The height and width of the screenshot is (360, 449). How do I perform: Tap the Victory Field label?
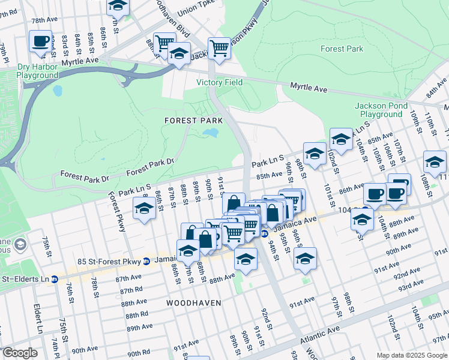click(219, 82)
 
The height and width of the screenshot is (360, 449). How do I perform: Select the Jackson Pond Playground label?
click(378, 110)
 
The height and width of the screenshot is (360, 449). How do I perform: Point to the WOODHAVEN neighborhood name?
click(194, 303)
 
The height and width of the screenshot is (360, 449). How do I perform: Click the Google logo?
click(20, 353)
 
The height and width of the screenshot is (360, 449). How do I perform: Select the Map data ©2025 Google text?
click(411, 355)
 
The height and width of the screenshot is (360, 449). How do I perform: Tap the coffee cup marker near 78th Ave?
click(41, 41)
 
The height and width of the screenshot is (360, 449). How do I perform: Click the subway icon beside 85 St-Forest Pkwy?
click(146, 261)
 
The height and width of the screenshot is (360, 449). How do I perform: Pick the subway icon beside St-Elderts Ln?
click(54, 278)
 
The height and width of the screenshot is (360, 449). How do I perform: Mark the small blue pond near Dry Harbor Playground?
click(58, 91)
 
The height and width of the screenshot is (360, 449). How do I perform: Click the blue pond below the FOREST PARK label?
click(210, 133)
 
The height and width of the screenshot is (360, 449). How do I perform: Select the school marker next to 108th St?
click(435, 161)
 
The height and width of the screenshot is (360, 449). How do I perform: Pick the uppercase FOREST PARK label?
click(194, 121)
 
